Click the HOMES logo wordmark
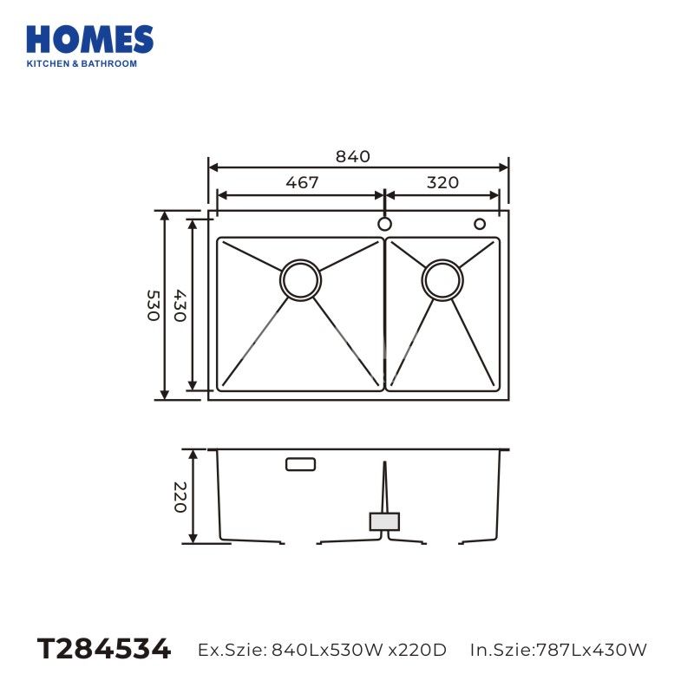(x=90, y=40)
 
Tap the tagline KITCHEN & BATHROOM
(x=82, y=63)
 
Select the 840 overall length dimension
(x=353, y=156)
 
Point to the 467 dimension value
(x=302, y=182)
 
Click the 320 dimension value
(x=442, y=182)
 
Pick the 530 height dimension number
(x=154, y=305)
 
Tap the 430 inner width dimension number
(x=180, y=305)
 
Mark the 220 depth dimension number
(x=180, y=497)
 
